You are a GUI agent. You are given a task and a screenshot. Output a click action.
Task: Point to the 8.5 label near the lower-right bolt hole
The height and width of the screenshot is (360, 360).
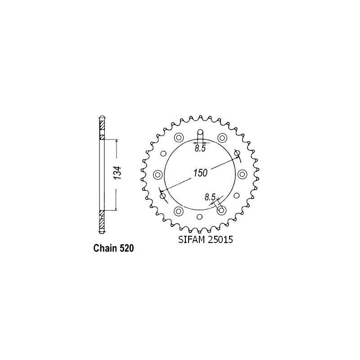[210, 197]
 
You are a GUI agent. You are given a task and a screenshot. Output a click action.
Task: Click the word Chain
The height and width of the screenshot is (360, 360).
[104, 248]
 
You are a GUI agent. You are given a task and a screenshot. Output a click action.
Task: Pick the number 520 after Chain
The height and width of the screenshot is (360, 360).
[126, 248]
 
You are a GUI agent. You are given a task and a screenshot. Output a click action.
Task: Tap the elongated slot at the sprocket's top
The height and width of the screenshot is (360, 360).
[200, 135]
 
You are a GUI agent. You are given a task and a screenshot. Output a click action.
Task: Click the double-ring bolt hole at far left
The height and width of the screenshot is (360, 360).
[157, 174]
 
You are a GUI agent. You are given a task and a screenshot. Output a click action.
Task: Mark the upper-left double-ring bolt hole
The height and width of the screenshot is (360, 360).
[179, 138]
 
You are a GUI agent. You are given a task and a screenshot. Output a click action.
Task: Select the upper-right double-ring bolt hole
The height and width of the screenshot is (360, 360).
[221, 138]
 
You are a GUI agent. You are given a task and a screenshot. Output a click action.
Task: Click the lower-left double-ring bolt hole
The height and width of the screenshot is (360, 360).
[179, 211]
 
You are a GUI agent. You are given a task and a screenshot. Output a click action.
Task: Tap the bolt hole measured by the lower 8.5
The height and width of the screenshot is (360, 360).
[221, 211]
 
